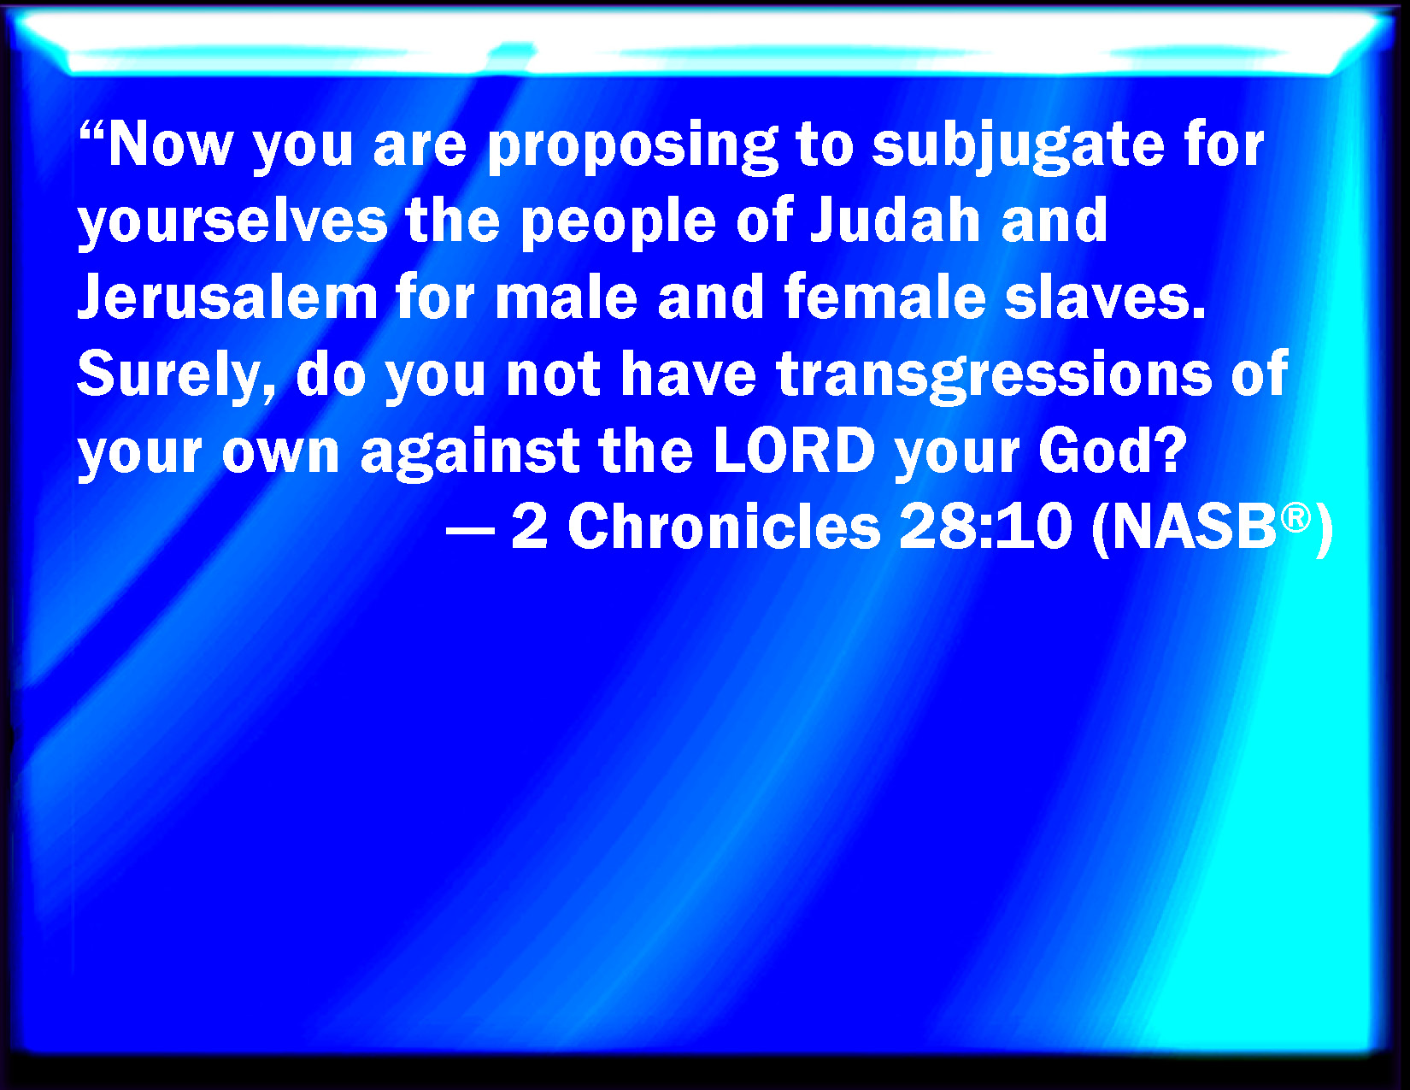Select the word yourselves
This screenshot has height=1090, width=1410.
pyautogui.click(x=232, y=222)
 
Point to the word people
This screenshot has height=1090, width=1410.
pyautogui.click(x=619, y=222)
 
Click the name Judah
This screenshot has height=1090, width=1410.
pyautogui.click(x=895, y=221)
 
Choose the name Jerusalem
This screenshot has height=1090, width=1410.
pyautogui.click(x=228, y=298)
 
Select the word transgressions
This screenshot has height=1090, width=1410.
pyautogui.click(x=994, y=376)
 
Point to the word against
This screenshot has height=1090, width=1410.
pyautogui.click(x=470, y=453)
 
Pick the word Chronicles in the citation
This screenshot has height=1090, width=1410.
pyautogui.click(x=724, y=527)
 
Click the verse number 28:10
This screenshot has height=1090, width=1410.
pyautogui.click(x=985, y=527)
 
